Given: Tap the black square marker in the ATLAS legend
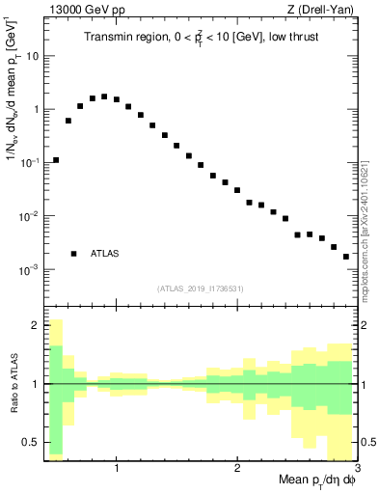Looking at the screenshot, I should tap(74, 254).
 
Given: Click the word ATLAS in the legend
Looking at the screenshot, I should tap(104, 254).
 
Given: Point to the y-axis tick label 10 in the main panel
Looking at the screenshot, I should tap(33, 56).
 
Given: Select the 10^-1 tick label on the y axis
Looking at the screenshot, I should tap(31, 163).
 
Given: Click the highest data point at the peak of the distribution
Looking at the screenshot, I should tap(104, 96).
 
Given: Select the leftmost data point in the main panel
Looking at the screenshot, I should tap(56, 160).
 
